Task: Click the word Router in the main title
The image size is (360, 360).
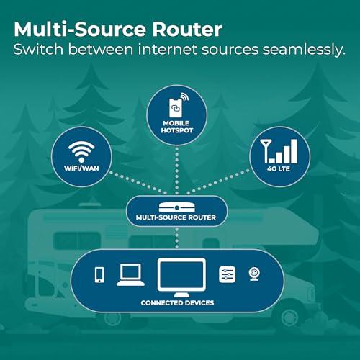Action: pyautogui.click(x=187, y=30)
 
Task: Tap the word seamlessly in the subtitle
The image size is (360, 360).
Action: pyautogui.click(x=304, y=50)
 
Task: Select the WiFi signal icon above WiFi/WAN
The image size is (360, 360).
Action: pyautogui.click(x=81, y=151)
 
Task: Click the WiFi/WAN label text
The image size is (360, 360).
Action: pyautogui.click(x=81, y=168)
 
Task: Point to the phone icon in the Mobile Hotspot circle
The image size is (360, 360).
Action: pyautogui.click(x=176, y=108)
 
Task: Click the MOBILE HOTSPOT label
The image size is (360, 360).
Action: pyautogui.click(x=177, y=127)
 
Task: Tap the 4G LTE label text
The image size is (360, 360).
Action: pyautogui.click(x=279, y=168)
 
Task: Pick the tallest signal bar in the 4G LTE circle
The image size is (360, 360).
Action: pyautogui.click(x=294, y=151)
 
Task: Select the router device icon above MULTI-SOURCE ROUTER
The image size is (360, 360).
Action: pyautogui.click(x=177, y=207)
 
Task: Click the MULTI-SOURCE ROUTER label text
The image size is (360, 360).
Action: pyautogui.click(x=176, y=217)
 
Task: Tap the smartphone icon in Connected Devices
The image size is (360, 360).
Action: pyautogui.click(x=99, y=275)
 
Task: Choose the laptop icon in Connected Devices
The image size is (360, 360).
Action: pyautogui.click(x=130, y=275)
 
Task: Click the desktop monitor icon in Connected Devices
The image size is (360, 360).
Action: pyautogui.click(x=181, y=278)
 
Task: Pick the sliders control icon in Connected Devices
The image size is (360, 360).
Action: pyautogui.click(x=228, y=274)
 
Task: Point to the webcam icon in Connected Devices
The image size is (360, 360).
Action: pyautogui.click(x=254, y=274)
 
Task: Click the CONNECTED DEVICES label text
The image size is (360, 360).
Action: pyautogui.click(x=177, y=303)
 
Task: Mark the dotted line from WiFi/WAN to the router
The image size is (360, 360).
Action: pyautogui.click(x=138, y=182)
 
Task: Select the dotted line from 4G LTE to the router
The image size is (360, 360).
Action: pyautogui.click(x=218, y=181)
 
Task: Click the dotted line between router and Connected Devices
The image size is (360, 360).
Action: pyautogui.click(x=177, y=238)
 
